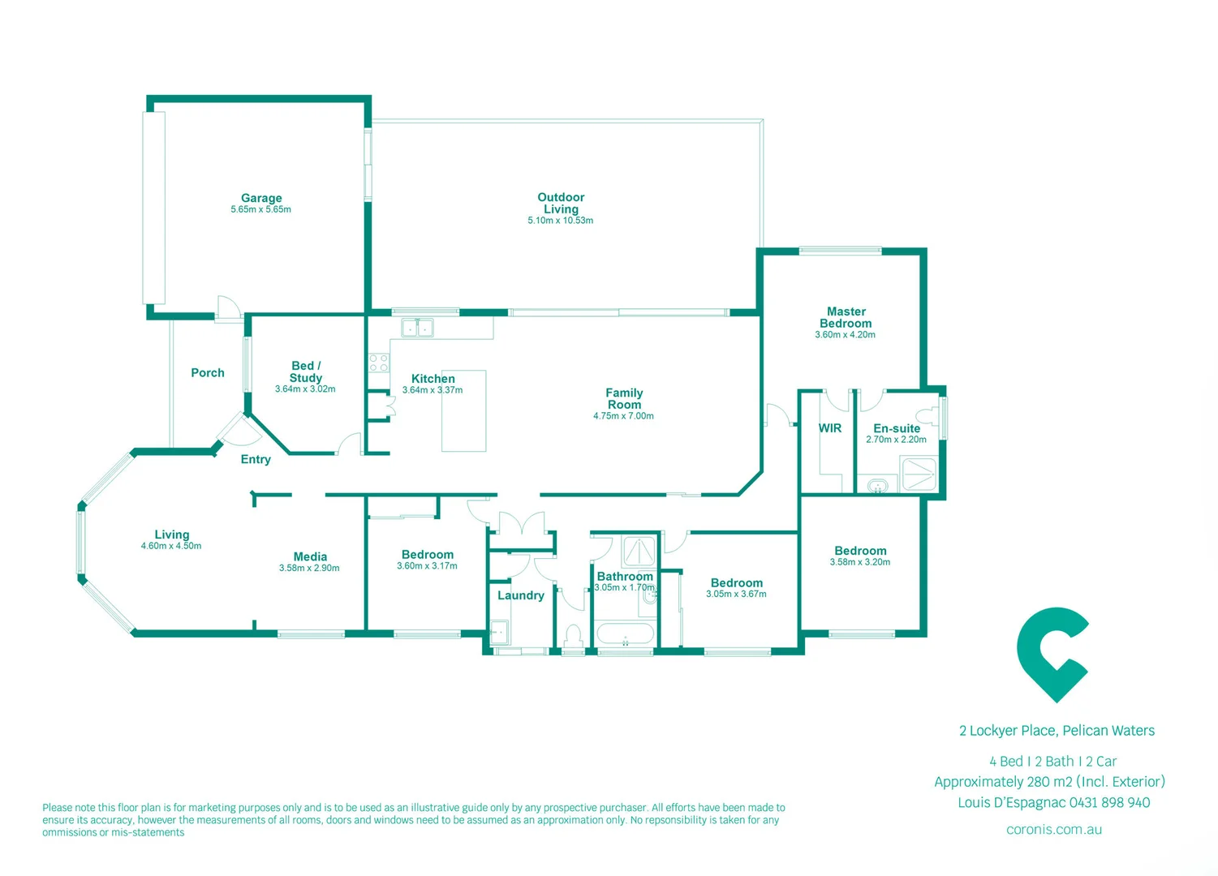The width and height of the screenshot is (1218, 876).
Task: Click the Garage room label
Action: (261, 198)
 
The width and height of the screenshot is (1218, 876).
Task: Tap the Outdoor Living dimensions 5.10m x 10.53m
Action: (560, 221)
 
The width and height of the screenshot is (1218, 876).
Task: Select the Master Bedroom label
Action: (846, 317)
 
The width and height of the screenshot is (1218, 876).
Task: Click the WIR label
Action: (829, 428)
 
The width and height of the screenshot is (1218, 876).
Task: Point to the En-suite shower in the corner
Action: (919, 474)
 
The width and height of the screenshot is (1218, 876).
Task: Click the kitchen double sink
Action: (417, 328)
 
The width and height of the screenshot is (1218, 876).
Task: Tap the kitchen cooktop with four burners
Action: (379, 363)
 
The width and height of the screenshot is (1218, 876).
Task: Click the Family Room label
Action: (624, 398)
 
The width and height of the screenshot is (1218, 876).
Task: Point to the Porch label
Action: (208, 373)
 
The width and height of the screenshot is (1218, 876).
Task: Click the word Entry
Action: (256, 460)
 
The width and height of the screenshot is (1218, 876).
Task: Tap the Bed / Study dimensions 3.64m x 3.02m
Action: (305, 389)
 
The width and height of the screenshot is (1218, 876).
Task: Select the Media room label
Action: (310, 556)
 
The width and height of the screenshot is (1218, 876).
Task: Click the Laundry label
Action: (520, 595)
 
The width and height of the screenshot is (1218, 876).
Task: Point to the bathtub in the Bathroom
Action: (625, 633)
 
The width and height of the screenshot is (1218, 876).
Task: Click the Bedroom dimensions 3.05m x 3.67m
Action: (736, 595)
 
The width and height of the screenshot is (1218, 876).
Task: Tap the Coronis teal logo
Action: (1052, 654)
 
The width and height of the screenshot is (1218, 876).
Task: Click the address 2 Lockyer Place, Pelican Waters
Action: (1057, 731)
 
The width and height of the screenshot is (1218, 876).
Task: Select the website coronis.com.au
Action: (1053, 830)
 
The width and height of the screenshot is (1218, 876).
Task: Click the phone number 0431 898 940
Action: (1109, 803)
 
